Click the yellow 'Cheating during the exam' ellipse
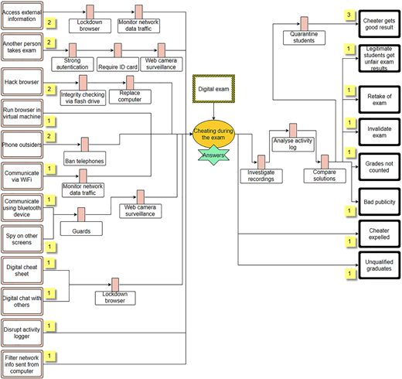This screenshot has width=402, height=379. (213, 134)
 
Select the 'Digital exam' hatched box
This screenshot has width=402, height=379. (213, 89)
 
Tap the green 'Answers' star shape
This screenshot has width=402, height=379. (213, 155)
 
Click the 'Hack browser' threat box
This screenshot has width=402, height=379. (22, 82)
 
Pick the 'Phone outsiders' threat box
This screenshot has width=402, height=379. (22, 145)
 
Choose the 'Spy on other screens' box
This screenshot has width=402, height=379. (22, 239)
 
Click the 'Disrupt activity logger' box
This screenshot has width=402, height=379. (22, 333)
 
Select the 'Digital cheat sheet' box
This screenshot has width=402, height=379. (22, 270)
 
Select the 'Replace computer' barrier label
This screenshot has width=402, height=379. (130, 97)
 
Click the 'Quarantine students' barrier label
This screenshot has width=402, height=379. (304, 38)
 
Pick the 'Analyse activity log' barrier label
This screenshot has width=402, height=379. (293, 145)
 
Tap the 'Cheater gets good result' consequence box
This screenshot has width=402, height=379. (380, 24)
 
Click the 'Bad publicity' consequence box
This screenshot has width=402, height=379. (380, 202)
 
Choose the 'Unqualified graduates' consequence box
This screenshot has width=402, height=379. (380, 265)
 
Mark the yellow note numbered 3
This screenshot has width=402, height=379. (349, 15)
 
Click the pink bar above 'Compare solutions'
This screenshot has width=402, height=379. (325, 162)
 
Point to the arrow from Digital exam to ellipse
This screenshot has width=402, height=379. (213, 111)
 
